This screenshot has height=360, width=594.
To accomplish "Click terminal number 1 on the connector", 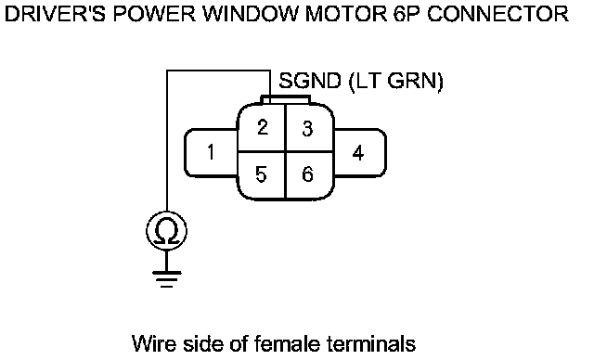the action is point(211,152).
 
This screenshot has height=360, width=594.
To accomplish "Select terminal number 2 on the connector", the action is point(263,127).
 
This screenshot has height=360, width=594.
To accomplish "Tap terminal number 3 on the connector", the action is point(307,129).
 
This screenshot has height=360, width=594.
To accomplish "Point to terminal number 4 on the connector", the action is point(358,153).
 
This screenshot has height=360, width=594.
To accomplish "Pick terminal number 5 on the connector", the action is point(261,174).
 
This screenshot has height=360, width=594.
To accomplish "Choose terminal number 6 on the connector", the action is point(307,174).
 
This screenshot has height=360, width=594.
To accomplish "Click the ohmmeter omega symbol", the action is point(167,231).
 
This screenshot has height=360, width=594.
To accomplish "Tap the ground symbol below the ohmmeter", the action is point(167,278).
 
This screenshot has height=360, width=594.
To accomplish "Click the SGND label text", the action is point(310,81).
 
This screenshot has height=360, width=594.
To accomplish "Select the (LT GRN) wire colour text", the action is point(395,82).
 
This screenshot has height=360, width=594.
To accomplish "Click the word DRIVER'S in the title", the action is point(55,14).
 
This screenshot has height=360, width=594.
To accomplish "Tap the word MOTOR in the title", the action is point(345,14).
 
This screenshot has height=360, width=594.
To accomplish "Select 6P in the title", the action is point(407,14).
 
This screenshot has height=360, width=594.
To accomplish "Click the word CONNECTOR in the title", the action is point(498,14).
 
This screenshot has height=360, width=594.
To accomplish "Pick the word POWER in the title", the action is point(154,14).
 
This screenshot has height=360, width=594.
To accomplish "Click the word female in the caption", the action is point(287,343).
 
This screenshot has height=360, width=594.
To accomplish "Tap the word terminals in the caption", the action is point(370,343).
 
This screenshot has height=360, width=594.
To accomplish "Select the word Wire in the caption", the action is point(155,343).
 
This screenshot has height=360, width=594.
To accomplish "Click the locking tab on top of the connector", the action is point(286,99).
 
